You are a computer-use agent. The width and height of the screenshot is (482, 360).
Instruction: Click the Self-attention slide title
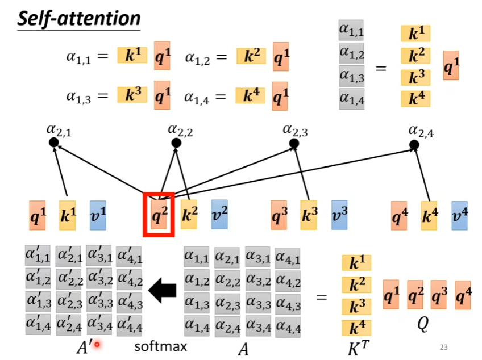pyautogui.click(x=79, y=19)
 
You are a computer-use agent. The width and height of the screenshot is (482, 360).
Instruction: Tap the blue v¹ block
pyautogui.click(x=98, y=215)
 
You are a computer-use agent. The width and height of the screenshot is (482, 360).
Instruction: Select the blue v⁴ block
pyautogui.click(x=460, y=215)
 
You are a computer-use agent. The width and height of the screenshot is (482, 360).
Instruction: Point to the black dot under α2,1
pyautogui.click(x=53, y=143)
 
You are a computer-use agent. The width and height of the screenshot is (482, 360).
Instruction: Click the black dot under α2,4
pyautogui.click(x=414, y=145)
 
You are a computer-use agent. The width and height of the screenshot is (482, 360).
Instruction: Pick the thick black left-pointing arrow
pyautogui.click(x=163, y=291)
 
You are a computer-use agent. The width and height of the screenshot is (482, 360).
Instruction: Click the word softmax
pyautogui.click(x=160, y=346)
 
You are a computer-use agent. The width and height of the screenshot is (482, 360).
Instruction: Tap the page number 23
pyautogui.click(x=444, y=346)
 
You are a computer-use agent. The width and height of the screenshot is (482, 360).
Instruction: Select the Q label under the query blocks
pyautogui.click(x=422, y=324)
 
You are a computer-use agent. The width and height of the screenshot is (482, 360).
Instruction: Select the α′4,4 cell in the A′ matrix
pyautogui.click(x=129, y=325)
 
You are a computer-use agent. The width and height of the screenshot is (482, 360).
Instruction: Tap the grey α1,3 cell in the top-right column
pyautogui.click(x=351, y=76)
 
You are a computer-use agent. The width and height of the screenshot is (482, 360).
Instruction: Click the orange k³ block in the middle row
pyautogui.click(x=308, y=215)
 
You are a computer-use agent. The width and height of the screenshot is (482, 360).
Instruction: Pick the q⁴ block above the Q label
pyautogui.click(x=463, y=295)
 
